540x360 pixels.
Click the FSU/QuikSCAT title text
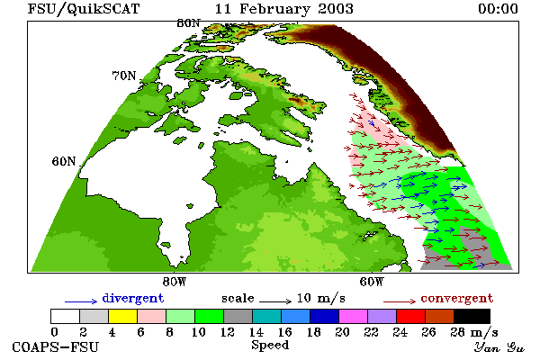coord(84,9)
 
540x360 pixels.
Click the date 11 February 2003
coord(284,9)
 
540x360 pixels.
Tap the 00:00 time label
coord(498,9)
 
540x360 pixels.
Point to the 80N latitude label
coord(188,23)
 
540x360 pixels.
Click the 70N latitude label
coord(124,76)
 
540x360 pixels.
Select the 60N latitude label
coord(64,161)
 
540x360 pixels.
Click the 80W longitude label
coord(175,282)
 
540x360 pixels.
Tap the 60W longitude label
coord(371,282)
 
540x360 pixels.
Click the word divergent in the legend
coord(133,298)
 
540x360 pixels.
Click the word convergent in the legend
coord(457,298)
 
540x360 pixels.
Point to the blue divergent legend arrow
coord(81,301)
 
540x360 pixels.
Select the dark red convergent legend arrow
coord(400,301)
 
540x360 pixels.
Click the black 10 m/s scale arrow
coord(275,301)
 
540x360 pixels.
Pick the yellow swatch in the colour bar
coord(123,316)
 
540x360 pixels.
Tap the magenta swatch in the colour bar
coord(354,316)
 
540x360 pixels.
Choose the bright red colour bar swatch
coord(411,316)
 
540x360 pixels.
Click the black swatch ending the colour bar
coord(472,316)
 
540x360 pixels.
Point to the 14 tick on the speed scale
coord(256,332)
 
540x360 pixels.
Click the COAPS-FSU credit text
coord(56,346)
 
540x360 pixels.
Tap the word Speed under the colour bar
coord(270,346)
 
